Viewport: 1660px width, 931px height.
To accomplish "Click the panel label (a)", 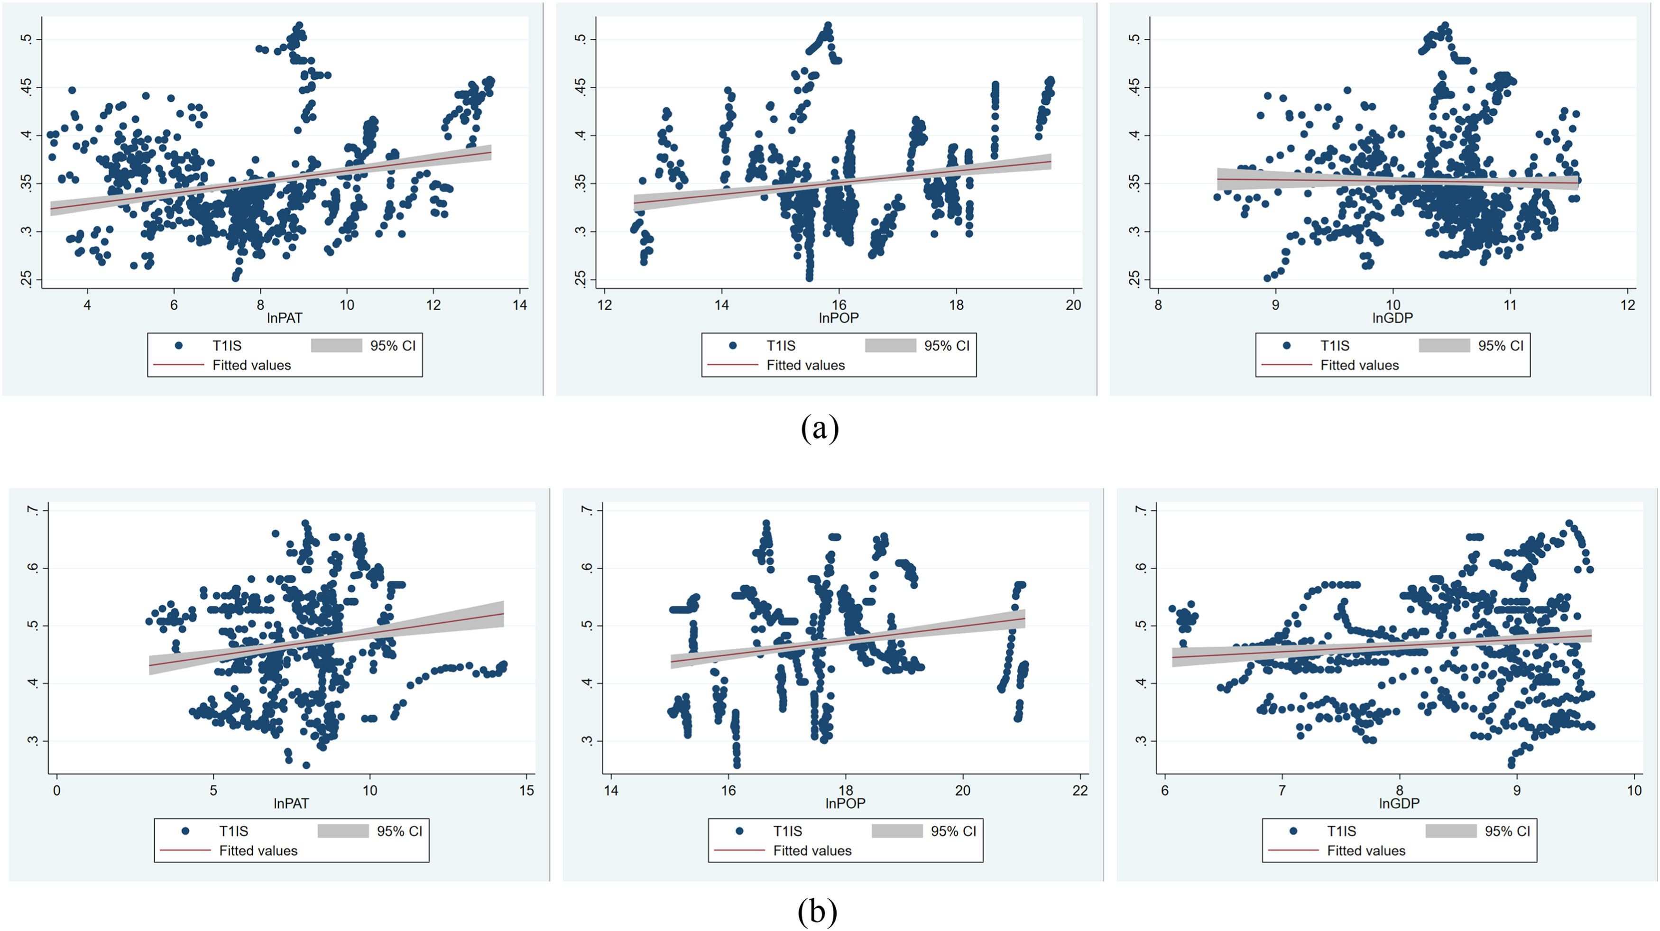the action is [x=820, y=428].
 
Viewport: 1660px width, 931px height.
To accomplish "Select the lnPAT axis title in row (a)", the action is [x=284, y=318].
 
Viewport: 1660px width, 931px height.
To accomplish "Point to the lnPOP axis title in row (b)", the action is [x=845, y=803].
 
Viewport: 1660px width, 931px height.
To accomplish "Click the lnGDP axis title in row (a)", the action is [x=1393, y=318].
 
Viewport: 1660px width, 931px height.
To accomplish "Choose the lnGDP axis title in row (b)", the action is [x=1399, y=803].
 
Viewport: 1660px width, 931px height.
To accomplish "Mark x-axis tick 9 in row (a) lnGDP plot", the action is [x=1275, y=305].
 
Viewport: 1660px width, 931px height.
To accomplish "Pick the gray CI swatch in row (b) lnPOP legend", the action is [x=897, y=831].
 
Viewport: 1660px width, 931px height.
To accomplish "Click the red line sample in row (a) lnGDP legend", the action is [x=1286, y=365].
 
